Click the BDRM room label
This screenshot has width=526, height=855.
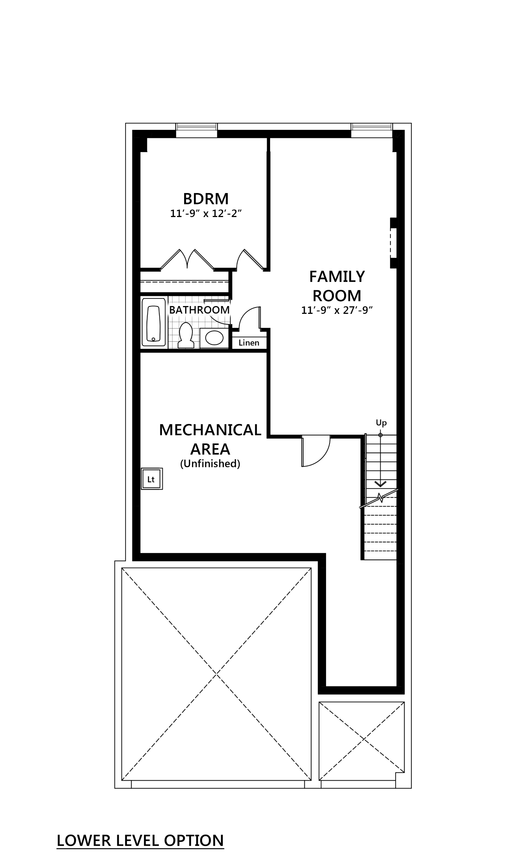pyautogui.click(x=206, y=198)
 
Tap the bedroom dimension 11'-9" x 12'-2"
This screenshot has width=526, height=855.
pyautogui.click(x=206, y=213)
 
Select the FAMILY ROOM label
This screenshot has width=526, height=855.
pyautogui.click(x=337, y=286)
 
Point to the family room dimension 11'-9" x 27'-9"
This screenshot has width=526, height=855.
pyautogui.click(x=337, y=311)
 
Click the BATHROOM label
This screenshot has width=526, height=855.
pyautogui.click(x=199, y=310)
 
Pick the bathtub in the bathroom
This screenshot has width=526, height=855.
pyautogui.click(x=153, y=322)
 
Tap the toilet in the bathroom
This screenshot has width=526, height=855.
pyautogui.click(x=186, y=335)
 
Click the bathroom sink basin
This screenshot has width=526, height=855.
pyautogui.click(x=214, y=338)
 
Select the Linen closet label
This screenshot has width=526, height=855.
pyautogui.click(x=249, y=343)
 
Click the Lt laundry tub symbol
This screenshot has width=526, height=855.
pyautogui.click(x=152, y=479)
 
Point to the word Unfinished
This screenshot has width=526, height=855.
pyautogui.click(x=210, y=464)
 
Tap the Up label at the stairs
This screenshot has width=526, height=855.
pyautogui.click(x=381, y=423)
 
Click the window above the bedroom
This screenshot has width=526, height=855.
pyautogui.click(x=196, y=130)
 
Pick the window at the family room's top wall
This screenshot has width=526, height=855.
pyautogui.click(x=372, y=130)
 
